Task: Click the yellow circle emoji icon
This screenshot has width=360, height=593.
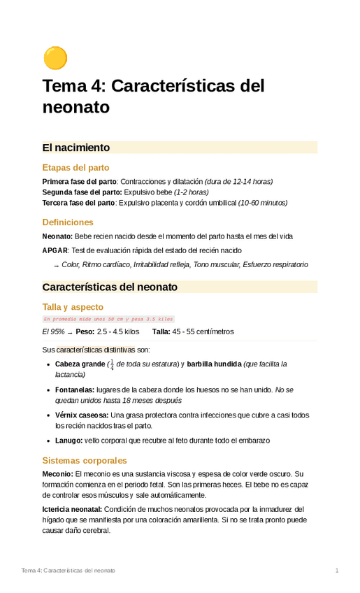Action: tap(55, 58)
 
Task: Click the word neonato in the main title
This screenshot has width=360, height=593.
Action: tap(76, 108)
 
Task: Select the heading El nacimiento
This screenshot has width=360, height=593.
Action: tap(76, 148)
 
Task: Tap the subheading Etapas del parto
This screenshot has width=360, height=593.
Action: tap(75, 168)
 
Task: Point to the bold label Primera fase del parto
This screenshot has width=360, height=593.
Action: tap(79, 182)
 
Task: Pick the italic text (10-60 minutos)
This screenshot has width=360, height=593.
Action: tap(262, 203)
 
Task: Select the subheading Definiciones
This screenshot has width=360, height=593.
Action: tap(68, 222)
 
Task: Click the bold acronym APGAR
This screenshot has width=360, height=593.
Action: tap(55, 250)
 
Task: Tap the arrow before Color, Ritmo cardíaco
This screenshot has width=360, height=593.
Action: tap(56, 266)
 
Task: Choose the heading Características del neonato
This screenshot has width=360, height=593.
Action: tap(110, 287)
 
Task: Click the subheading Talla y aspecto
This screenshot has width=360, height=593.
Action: tap(73, 307)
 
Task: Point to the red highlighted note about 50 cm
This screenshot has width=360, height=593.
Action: tap(108, 319)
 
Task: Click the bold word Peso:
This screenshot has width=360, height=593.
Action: tap(85, 331)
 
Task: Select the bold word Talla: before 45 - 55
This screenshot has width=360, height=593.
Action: tap(161, 331)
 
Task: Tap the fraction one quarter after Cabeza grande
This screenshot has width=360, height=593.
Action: tap(111, 364)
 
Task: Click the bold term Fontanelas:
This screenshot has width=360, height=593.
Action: tap(75, 390)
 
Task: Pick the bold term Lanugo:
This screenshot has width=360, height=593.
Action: tap(69, 441)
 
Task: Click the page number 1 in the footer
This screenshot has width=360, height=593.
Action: tap(336, 571)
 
